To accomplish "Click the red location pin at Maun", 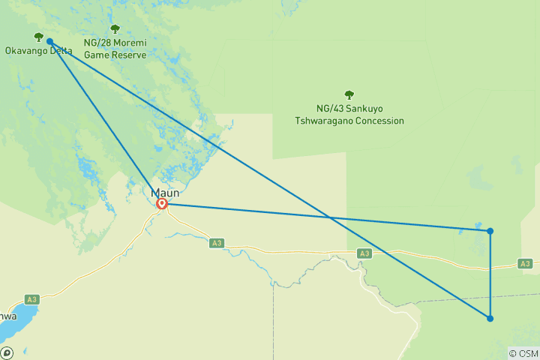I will tap(161, 203).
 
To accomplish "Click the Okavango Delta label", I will tap(38, 51).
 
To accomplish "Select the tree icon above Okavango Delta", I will tap(38, 37).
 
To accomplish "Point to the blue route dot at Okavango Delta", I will tap(49, 42).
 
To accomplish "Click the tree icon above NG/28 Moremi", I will tap(115, 29).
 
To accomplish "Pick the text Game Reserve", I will tap(115, 55).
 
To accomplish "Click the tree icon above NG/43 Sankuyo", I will tap(349, 94).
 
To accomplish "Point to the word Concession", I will tap(381, 121).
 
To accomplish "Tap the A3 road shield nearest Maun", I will tap(217, 242).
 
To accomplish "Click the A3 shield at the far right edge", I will tap(524, 263).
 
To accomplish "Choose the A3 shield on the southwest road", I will tap(31, 299).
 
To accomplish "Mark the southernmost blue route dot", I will tap(490, 319).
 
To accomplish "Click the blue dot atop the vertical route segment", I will tap(490, 231).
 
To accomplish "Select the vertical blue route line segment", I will tap(490, 274).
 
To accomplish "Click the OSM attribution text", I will tap(525, 353).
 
